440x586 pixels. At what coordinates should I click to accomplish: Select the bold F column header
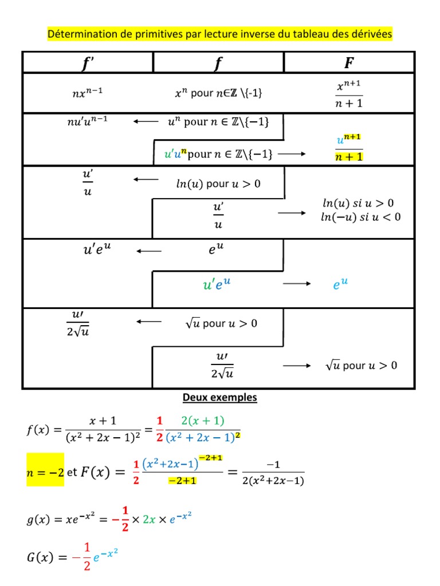pyautogui.click(x=349, y=62)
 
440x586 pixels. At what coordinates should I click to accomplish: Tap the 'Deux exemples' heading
pyautogui.click(x=219, y=397)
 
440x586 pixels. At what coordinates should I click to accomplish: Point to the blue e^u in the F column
pyautogui.click(x=340, y=284)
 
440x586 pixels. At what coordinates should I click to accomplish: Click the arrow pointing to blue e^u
pyautogui.click(x=297, y=284)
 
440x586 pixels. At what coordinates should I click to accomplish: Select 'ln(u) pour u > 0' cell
pyautogui.click(x=218, y=184)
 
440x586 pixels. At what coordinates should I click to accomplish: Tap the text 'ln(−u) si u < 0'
pyautogui.click(x=361, y=217)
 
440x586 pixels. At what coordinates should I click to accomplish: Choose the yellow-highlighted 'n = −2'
pyautogui.click(x=45, y=473)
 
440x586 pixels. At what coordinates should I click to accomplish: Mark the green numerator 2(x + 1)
pyautogui.click(x=202, y=421)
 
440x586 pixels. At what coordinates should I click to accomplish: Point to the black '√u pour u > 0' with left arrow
pyautogui.click(x=221, y=323)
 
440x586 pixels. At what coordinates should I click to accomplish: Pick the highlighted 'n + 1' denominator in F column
pyautogui.click(x=349, y=156)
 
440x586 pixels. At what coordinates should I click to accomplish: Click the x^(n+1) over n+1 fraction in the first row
pyautogui.click(x=349, y=94)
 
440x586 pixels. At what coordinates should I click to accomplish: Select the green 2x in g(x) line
pyautogui.click(x=148, y=520)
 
